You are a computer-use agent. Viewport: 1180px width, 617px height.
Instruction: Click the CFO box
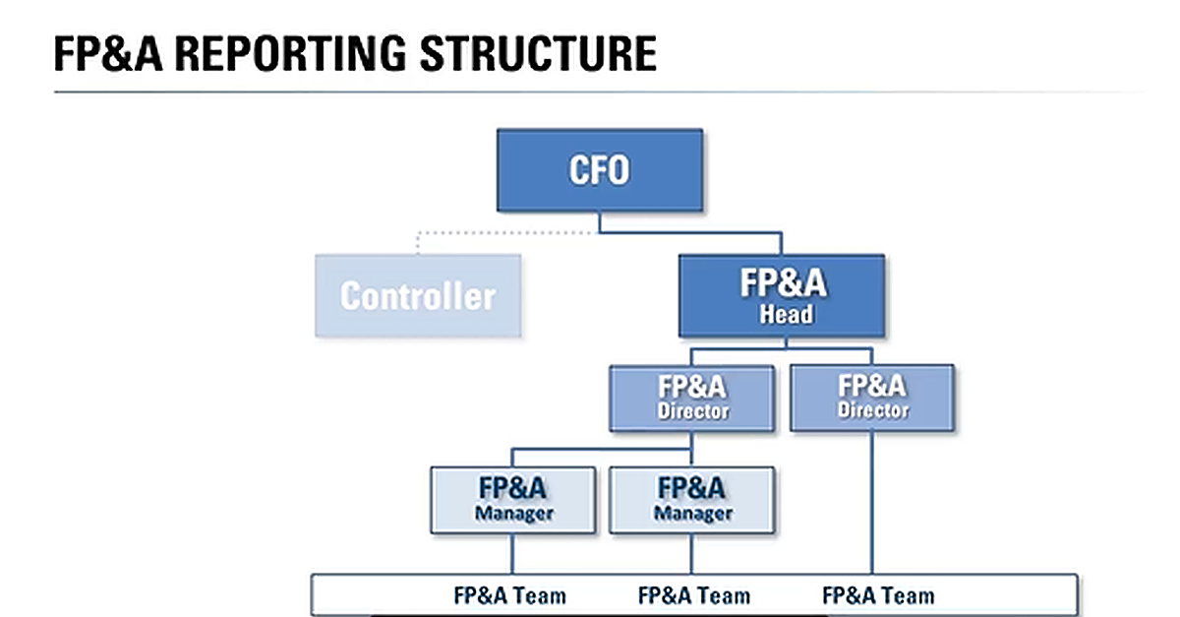coord(599,170)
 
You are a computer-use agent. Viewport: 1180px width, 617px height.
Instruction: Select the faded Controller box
coord(418,295)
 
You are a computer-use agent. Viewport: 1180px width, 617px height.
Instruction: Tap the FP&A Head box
coord(782,295)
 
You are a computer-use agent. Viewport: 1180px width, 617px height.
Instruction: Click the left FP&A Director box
coord(692,398)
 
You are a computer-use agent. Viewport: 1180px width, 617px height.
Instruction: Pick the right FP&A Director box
coord(871,398)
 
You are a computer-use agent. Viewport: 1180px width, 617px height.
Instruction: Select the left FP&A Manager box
coord(512,500)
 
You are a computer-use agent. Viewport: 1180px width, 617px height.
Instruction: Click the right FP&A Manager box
coord(692,500)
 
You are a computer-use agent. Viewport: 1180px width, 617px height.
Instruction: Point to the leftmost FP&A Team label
coord(509,595)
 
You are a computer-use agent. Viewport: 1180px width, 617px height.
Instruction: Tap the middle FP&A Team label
coord(693,595)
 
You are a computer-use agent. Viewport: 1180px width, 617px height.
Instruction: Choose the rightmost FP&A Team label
coord(877,595)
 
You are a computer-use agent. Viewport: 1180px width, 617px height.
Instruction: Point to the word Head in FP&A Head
coord(786,315)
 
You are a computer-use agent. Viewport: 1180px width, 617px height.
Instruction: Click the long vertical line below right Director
coord(871,502)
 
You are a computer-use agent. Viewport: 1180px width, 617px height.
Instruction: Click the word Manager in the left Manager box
coord(513,514)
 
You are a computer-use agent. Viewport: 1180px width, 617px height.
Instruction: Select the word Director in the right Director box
coord(872,411)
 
